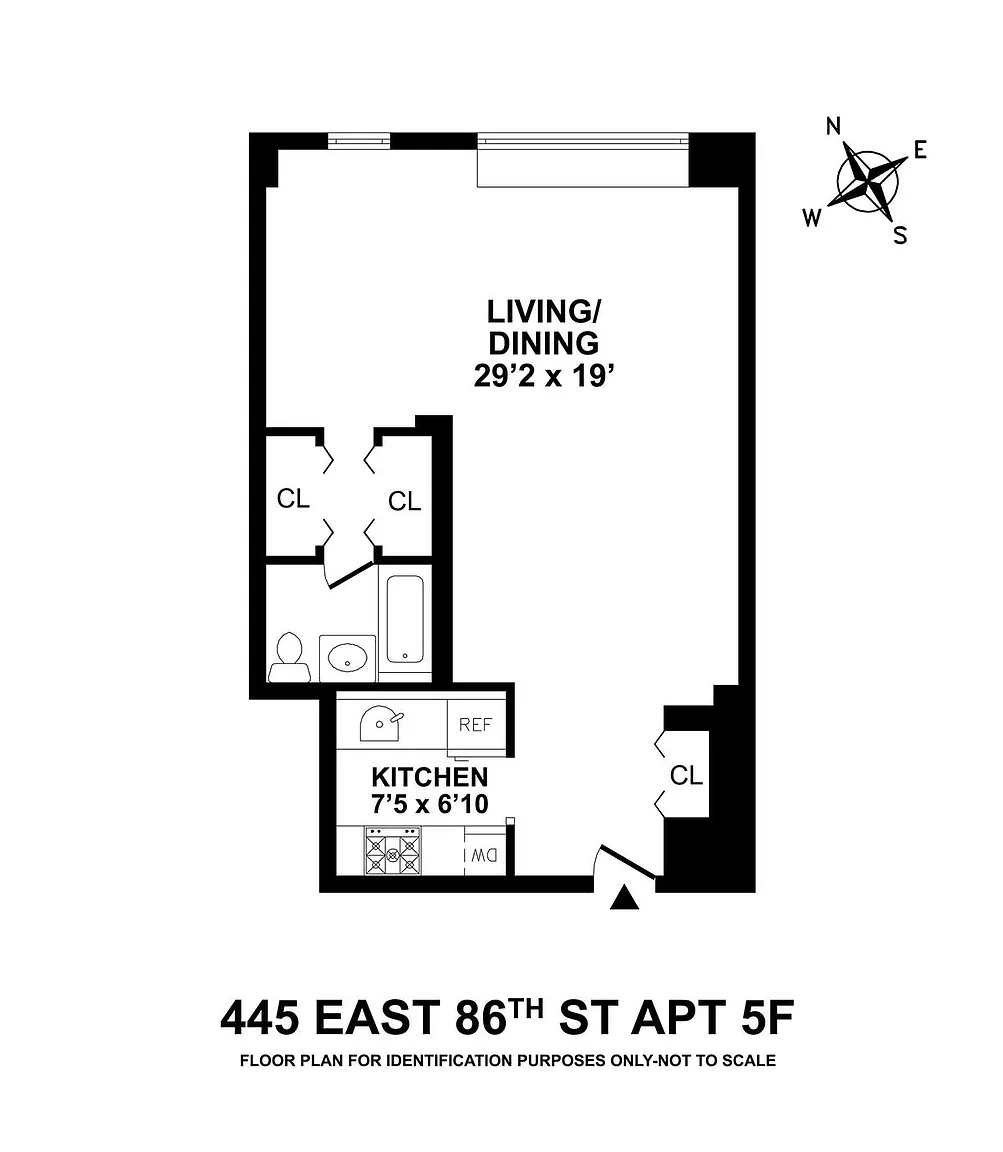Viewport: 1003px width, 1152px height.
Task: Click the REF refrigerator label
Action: (x=475, y=725)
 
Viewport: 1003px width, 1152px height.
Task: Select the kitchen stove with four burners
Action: (x=393, y=851)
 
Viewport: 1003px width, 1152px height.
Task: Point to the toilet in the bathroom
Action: (x=287, y=657)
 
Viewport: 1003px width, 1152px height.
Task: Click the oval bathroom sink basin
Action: (x=347, y=657)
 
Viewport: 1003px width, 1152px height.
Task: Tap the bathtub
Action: (x=403, y=619)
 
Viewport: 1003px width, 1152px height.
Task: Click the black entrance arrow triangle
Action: (x=625, y=897)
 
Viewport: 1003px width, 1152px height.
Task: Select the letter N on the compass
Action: (x=833, y=126)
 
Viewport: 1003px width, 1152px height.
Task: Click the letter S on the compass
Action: (x=900, y=235)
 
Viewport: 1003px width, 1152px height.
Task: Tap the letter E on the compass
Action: (x=920, y=150)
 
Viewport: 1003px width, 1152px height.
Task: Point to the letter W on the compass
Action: (x=812, y=217)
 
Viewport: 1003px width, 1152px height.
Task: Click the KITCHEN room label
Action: (x=430, y=777)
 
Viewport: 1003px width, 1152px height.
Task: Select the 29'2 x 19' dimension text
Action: (x=544, y=376)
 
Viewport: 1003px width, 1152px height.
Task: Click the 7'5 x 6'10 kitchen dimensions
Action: (x=430, y=804)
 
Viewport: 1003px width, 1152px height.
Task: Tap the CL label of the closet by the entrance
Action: (x=686, y=775)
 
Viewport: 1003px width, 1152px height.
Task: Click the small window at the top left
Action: (x=359, y=140)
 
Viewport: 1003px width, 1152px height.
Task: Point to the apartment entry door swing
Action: (x=627, y=861)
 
